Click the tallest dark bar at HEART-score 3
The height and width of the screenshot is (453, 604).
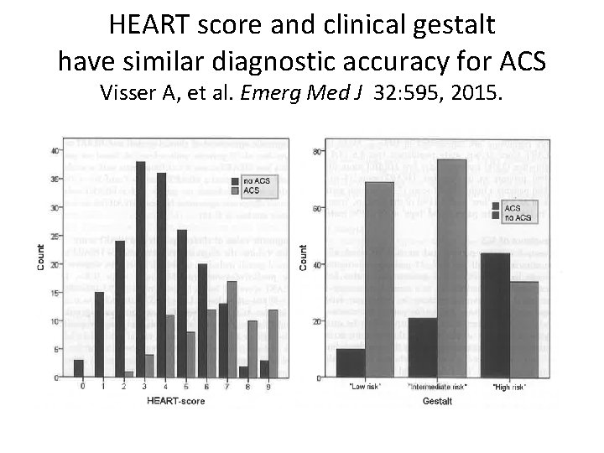click(x=141, y=269)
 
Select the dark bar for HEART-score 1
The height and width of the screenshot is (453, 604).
click(x=100, y=335)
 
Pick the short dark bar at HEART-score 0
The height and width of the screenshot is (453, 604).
click(x=79, y=368)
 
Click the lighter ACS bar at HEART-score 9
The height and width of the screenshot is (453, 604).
click(x=273, y=343)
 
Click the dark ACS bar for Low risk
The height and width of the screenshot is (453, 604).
click(x=350, y=363)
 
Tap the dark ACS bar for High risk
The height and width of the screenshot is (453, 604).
click(x=495, y=315)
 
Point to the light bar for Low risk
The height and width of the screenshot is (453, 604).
click(x=379, y=280)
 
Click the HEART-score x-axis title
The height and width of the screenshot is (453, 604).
click(x=177, y=402)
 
